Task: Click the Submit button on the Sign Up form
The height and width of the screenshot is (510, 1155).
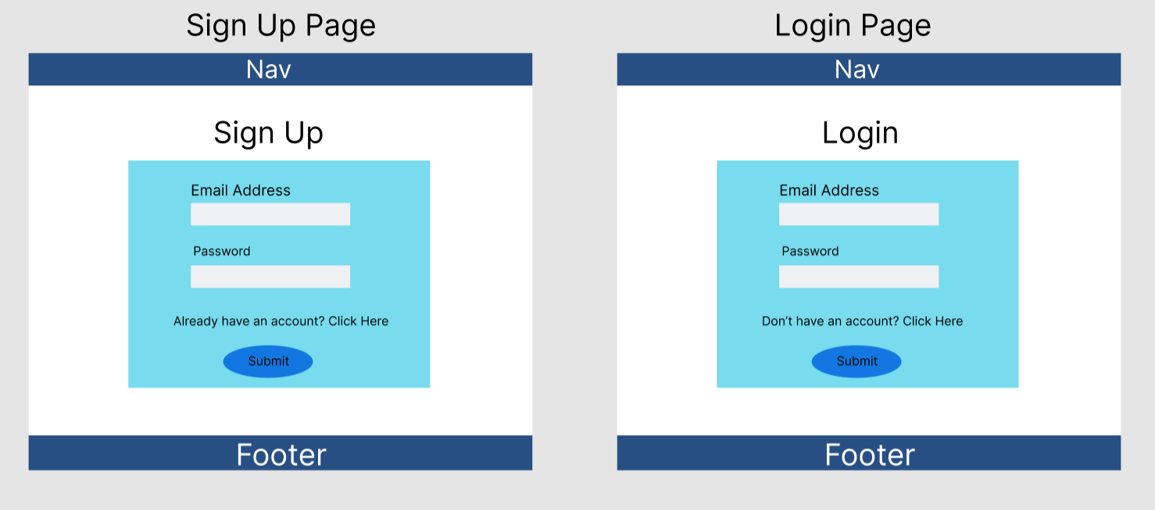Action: tap(268, 361)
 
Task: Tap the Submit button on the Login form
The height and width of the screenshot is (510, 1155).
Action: tap(856, 361)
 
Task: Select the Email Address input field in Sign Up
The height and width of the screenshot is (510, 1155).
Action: tap(270, 214)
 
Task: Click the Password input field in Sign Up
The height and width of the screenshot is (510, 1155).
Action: tap(270, 277)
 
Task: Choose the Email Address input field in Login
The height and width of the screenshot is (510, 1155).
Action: tap(859, 214)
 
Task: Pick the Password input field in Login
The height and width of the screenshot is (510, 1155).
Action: tap(859, 277)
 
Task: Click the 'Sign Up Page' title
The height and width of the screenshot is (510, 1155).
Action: tap(281, 26)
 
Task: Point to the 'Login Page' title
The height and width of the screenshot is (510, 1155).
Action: tap(853, 26)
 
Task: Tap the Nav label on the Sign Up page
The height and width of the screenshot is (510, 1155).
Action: tap(269, 69)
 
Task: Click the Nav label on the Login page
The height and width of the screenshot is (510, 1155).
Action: tap(857, 69)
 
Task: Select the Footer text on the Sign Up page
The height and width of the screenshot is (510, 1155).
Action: tap(281, 454)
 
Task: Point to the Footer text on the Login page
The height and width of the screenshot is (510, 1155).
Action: tap(870, 454)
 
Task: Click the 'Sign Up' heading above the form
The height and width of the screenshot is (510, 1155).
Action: tap(269, 134)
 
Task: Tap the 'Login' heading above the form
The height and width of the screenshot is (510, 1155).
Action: tap(860, 134)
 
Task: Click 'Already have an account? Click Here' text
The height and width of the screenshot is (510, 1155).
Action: tap(281, 321)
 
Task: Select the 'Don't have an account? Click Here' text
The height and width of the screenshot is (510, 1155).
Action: tap(863, 321)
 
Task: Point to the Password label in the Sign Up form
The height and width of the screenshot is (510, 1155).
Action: tap(222, 251)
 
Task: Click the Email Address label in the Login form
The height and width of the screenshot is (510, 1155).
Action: tap(829, 191)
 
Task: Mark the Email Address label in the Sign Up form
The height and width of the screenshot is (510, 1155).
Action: tap(241, 191)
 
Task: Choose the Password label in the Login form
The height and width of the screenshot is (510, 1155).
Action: tap(810, 251)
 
